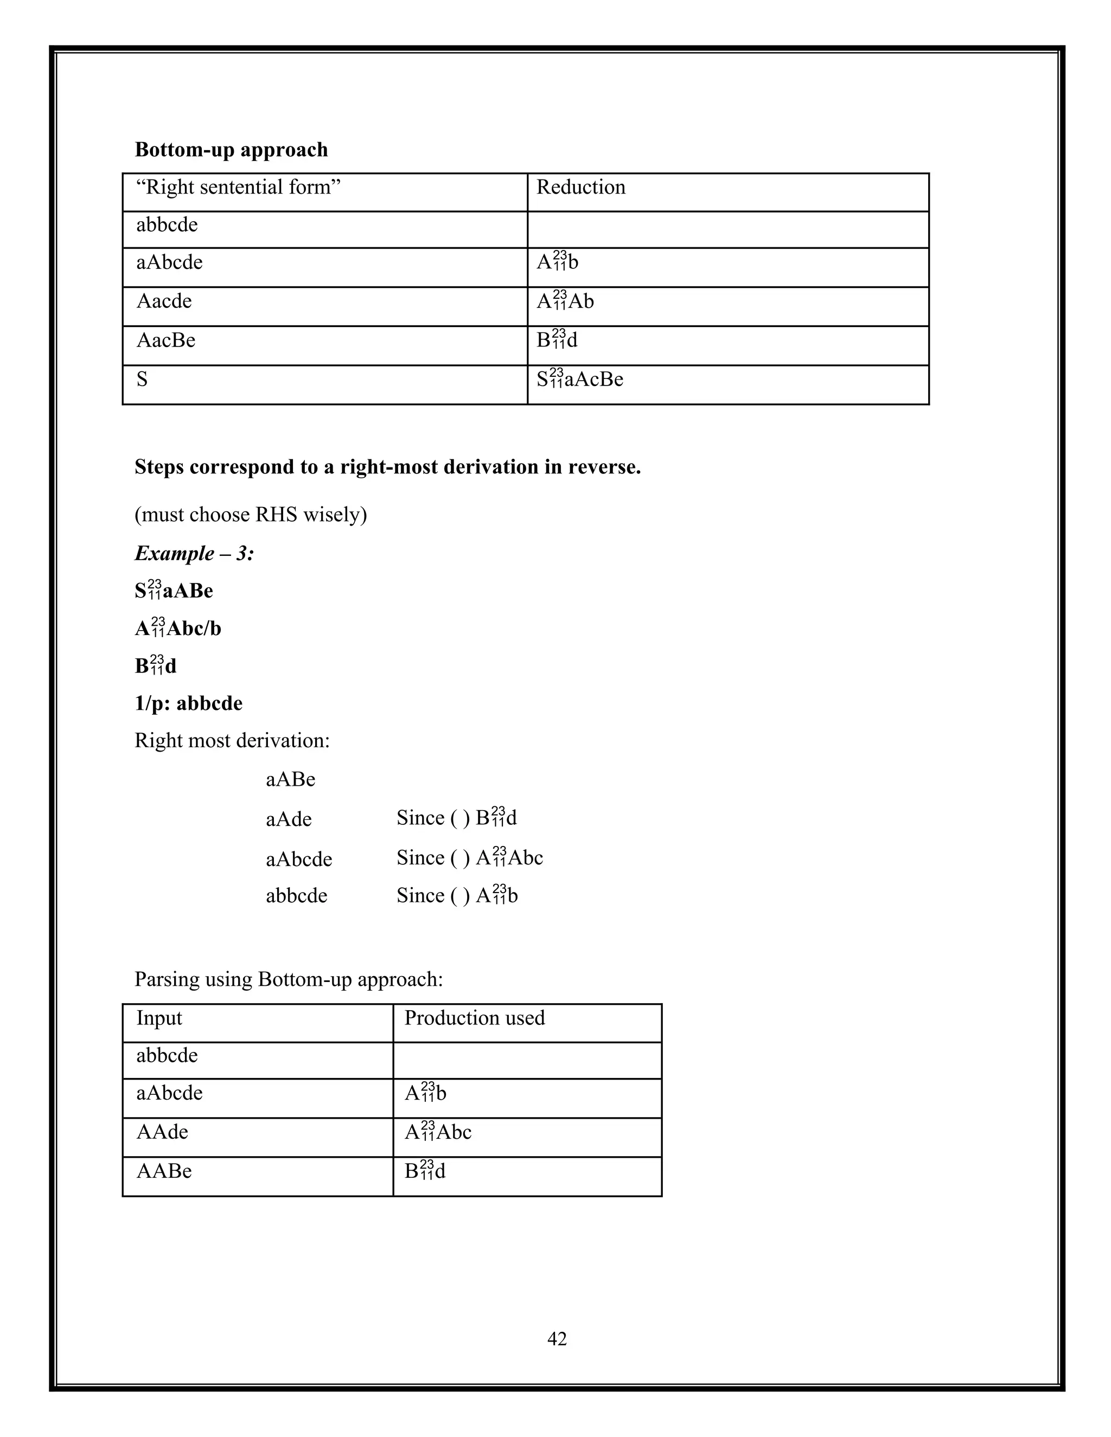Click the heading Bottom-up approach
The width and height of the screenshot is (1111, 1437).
pyautogui.click(x=231, y=150)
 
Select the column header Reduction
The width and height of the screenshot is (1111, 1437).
pyautogui.click(x=580, y=188)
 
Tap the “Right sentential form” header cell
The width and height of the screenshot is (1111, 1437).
pyautogui.click(x=238, y=188)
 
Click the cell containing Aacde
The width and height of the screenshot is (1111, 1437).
pyautogui.click(x=164, y=301)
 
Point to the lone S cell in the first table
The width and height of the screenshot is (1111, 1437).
pyautogui.click(x=142, y=380)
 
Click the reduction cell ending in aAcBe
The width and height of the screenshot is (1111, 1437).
pyautogui.click(x=579, y=380)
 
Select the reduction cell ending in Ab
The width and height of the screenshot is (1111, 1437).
pyautogui.click(x=565, y=301)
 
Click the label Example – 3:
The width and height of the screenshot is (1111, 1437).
pyautogui.click(x=194, y=553)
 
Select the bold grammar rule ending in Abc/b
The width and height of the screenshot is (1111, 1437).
pyautogui.click(x=178, y=628)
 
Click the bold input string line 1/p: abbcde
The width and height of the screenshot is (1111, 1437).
pyautogui.click(x=188, y=703)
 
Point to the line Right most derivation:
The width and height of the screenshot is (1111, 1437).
pyautogui.click(x=232, y=741)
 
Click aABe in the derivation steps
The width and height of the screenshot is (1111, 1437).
pyautogui.click(x=290, y=780)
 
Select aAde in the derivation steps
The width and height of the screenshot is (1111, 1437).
pyautogui.click(x=288, y=820)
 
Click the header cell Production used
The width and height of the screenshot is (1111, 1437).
pyautogui.click(x=475, y=1018)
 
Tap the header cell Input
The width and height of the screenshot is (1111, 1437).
pyautogui.click(x=158, y=1018)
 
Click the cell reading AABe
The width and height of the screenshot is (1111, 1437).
pyautogui.click(x=164, y=1171)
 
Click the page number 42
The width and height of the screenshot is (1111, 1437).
pyautogui.click(x=557, y=1339)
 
